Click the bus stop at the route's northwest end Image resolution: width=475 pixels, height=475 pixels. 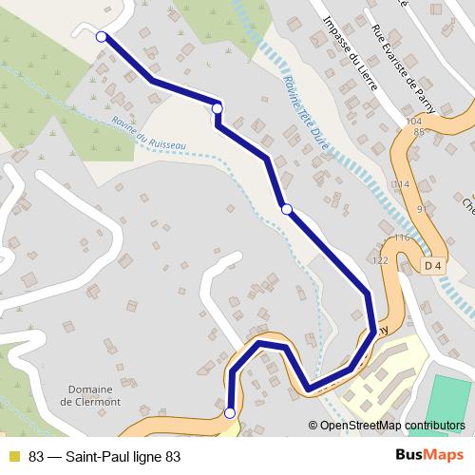102,36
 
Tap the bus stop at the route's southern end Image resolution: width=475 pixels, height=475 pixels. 230,412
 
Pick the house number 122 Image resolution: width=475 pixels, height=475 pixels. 381,259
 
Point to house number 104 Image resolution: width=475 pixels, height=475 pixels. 411,122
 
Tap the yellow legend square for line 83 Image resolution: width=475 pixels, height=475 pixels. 13,456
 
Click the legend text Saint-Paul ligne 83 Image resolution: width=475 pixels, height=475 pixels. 104,456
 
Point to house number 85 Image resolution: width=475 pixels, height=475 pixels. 418,131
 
